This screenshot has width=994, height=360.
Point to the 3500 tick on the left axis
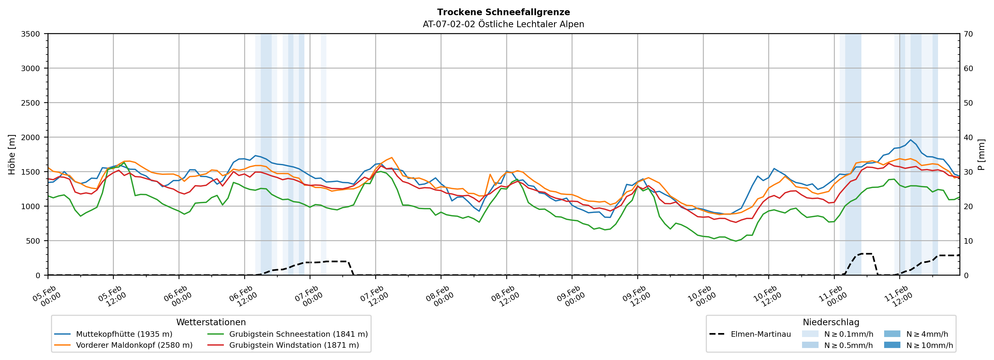pos(31,34)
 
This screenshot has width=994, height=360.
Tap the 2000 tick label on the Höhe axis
pos(31,137)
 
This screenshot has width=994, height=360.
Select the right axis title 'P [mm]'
pos(981,154)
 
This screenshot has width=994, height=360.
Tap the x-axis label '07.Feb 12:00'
pos(373,296)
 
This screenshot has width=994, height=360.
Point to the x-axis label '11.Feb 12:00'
pos(898,296)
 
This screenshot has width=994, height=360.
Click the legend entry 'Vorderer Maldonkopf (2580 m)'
pos(134,345)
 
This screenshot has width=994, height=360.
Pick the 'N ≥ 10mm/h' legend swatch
pos(892,345)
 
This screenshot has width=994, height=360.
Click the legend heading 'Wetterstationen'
pos(211,322)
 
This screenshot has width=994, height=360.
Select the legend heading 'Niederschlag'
pos(831,322)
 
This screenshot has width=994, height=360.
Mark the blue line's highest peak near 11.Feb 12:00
pos(910,140)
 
